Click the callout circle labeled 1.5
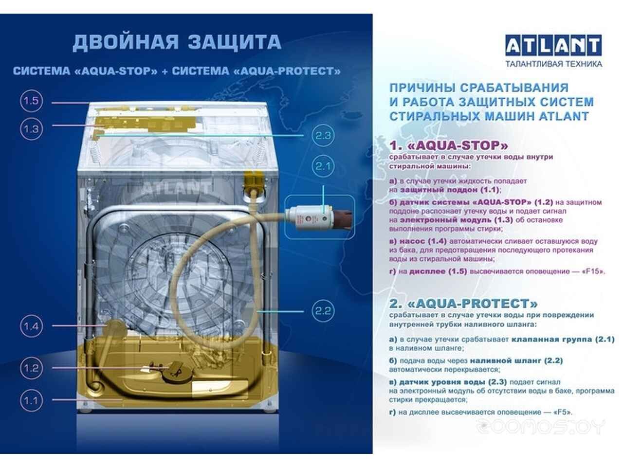click(31, 101)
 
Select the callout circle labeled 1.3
click(31, 129)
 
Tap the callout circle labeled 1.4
click(31, 326)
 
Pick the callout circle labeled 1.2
click(31, 368)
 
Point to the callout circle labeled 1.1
click(31, 401)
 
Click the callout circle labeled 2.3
click(323, 136)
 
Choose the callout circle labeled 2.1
click(323, 166)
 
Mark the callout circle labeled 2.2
click(323, 311)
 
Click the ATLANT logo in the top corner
click(553, 45)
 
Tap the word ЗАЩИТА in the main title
click(235, 42)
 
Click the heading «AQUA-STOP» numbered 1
click(448, 146)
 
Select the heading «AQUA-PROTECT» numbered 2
click(463, 304)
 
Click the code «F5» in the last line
click(562, 412)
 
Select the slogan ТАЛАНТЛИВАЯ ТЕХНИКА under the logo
click(553, 64)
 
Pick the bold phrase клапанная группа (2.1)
click(563, 340)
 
